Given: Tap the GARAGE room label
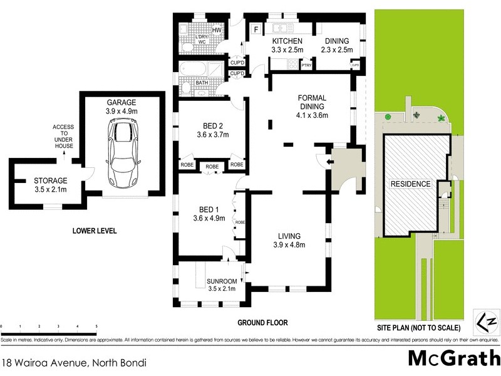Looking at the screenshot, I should (x=121, y=102).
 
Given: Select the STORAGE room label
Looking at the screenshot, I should (x=50, y=182).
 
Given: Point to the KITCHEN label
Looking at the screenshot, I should (x=287, y=41).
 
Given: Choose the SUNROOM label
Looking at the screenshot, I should (x=222, y=281).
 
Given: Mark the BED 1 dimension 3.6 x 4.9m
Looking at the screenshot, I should (x=209, y=218).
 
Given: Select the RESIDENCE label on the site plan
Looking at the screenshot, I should (x=411, y=184).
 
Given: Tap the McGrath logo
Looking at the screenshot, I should (x=450, y=358).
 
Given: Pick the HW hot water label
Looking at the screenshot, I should (x=217, y=30).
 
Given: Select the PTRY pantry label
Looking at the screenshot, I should (x=306, y=65).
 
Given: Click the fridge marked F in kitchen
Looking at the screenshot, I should (x=255, y=29).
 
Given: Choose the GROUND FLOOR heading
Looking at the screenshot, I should (x=262, y=323).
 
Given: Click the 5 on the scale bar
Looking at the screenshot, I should (x=96, y=326).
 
